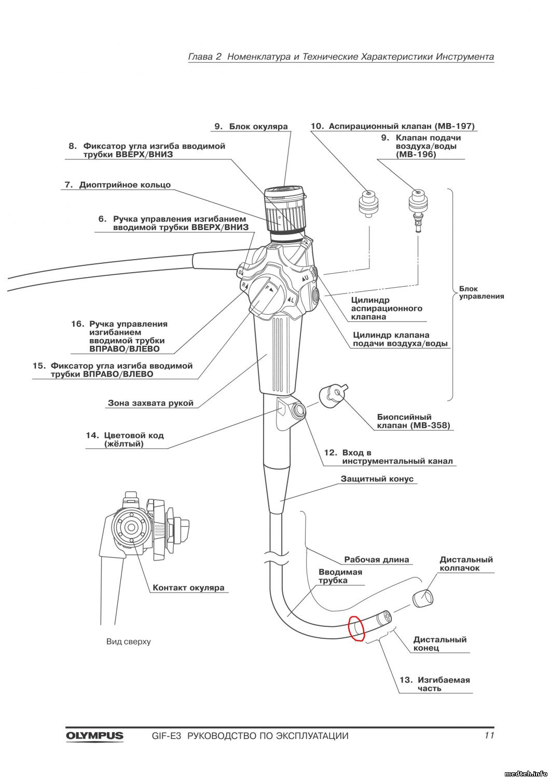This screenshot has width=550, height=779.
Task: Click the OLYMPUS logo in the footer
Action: tap(94, 735)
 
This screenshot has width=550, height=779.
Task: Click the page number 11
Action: tap(488, 735)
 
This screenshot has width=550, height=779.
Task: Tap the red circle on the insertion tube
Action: tap(356, 628)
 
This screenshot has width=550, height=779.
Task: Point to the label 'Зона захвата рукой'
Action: tap(150, 402)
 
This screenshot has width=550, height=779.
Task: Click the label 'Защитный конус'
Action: tap(377, 479)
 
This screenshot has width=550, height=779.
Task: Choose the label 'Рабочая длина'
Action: tap(377, 560)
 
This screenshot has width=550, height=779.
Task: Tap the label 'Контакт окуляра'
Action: tap(188, 588)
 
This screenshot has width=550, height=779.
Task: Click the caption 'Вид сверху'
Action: tap(129, 641)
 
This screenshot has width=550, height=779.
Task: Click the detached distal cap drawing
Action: tap(424, 598)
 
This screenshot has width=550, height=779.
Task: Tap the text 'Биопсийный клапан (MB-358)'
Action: tap(413, 421)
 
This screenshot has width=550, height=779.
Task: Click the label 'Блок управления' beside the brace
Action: tap(481, 292)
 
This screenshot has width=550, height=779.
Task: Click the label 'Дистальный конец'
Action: tap(439, 644)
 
